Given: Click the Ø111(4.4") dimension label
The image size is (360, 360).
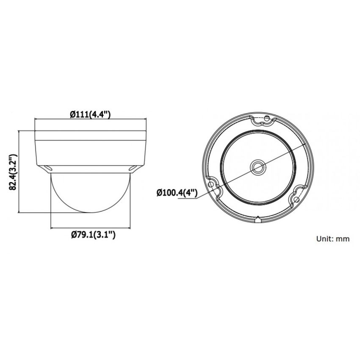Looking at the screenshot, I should click(x=89, y=114).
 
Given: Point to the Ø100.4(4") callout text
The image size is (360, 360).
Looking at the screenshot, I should click(x=177, y=193).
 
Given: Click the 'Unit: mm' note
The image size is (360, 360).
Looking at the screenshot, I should click(x=333, y=239).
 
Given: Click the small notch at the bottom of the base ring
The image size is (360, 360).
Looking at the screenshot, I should click(x=258, y=219).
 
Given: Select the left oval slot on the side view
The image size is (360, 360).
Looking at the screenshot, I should click(x=48, y=169).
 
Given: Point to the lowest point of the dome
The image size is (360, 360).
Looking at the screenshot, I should click(x=89, y=212).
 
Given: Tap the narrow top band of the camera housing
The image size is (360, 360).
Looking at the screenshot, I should click(x=89, y=135).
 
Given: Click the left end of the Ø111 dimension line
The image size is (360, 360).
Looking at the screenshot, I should click(x=35, y=120).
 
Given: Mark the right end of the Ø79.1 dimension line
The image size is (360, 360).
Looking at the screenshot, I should click(x=128, y=227).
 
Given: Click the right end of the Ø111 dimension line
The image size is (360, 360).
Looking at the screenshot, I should click(x=145, y=120).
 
